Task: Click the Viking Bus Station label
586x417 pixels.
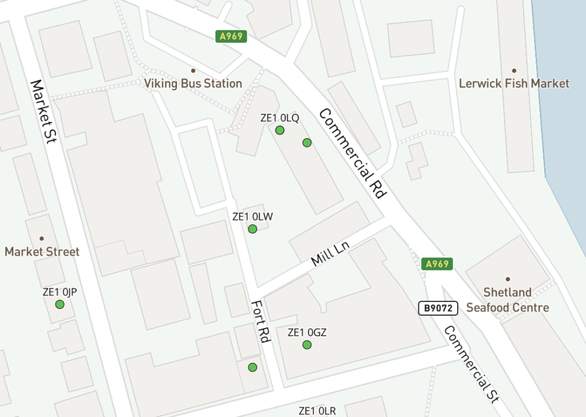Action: (193, 84)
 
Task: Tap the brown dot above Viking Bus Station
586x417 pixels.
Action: (193, 71)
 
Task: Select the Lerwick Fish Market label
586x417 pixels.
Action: (514, 84)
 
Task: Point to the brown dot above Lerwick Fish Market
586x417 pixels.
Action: (514, 71)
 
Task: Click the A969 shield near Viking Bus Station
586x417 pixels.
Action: (231, 37)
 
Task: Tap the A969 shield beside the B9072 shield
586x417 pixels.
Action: (437, 264)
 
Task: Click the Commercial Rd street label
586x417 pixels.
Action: (351, 153)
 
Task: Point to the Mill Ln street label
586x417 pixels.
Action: (330, 253)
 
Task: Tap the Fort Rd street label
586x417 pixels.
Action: (260, 321)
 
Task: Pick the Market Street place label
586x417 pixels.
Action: (42, 252)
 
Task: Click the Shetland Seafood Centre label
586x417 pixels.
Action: (507, 300)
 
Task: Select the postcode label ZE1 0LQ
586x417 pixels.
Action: (279, 118)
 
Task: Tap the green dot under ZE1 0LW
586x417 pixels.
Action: (252, 229)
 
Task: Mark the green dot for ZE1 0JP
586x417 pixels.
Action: (60, 304)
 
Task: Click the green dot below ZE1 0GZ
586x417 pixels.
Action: (307, 345)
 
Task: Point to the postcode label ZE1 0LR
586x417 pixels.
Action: (317, 411)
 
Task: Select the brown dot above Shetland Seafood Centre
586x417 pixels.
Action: (507, 279)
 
